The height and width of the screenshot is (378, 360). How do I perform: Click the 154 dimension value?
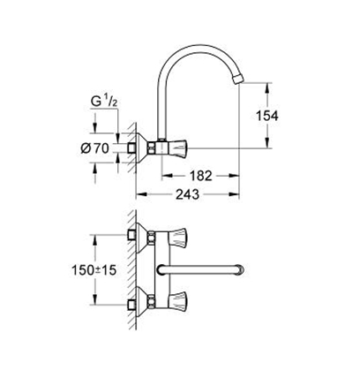pos(266,116)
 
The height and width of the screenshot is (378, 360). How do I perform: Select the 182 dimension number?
pos(200,176)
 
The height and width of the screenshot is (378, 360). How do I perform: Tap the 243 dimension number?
pos(187,194)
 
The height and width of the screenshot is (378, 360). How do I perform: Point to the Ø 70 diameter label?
pos(94,148)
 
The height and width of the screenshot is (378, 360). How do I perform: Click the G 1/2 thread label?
pos(104,102)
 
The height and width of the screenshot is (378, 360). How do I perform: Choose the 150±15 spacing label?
pos(94,270)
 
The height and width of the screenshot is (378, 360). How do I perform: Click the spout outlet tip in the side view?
pos(237,79)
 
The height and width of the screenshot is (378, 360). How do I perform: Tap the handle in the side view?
pos(176,147)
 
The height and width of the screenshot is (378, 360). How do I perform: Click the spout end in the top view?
pos(241,270)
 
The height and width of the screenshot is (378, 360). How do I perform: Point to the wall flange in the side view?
pos(141,147)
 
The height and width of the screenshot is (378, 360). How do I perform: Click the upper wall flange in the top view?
pos(142,238)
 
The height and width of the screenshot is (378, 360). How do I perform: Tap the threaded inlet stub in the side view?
pos(131,148)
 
